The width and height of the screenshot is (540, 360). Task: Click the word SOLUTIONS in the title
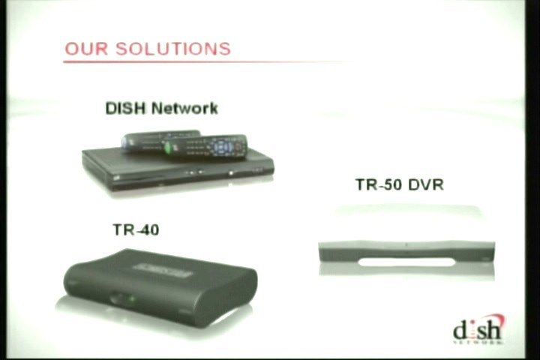tap(173, 49)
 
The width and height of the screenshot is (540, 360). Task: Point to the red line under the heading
tap(207, 62)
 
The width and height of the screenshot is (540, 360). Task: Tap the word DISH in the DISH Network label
tap(125, 109)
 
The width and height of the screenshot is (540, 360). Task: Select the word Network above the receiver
tap(184, 109)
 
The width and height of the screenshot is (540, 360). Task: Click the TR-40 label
tap(136, 229)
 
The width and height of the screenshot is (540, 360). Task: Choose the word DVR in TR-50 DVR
tap(426, 184)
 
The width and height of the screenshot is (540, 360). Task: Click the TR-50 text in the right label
tap(379, 184)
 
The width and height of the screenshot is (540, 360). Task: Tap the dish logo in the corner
tap(478, 330)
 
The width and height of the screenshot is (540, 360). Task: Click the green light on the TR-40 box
tap(131, 298)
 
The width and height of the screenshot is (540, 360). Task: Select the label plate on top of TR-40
tap(162, 271)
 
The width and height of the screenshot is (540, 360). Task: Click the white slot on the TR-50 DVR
tap(406, 262)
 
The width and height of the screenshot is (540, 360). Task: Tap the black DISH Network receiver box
tap(177, 169)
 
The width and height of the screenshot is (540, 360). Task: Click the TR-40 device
tap(160, 288)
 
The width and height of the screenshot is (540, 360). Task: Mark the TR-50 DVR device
tap(406, 255)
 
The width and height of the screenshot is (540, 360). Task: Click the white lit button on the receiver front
tap(232, 173)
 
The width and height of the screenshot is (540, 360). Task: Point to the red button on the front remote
tap(241, 145)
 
